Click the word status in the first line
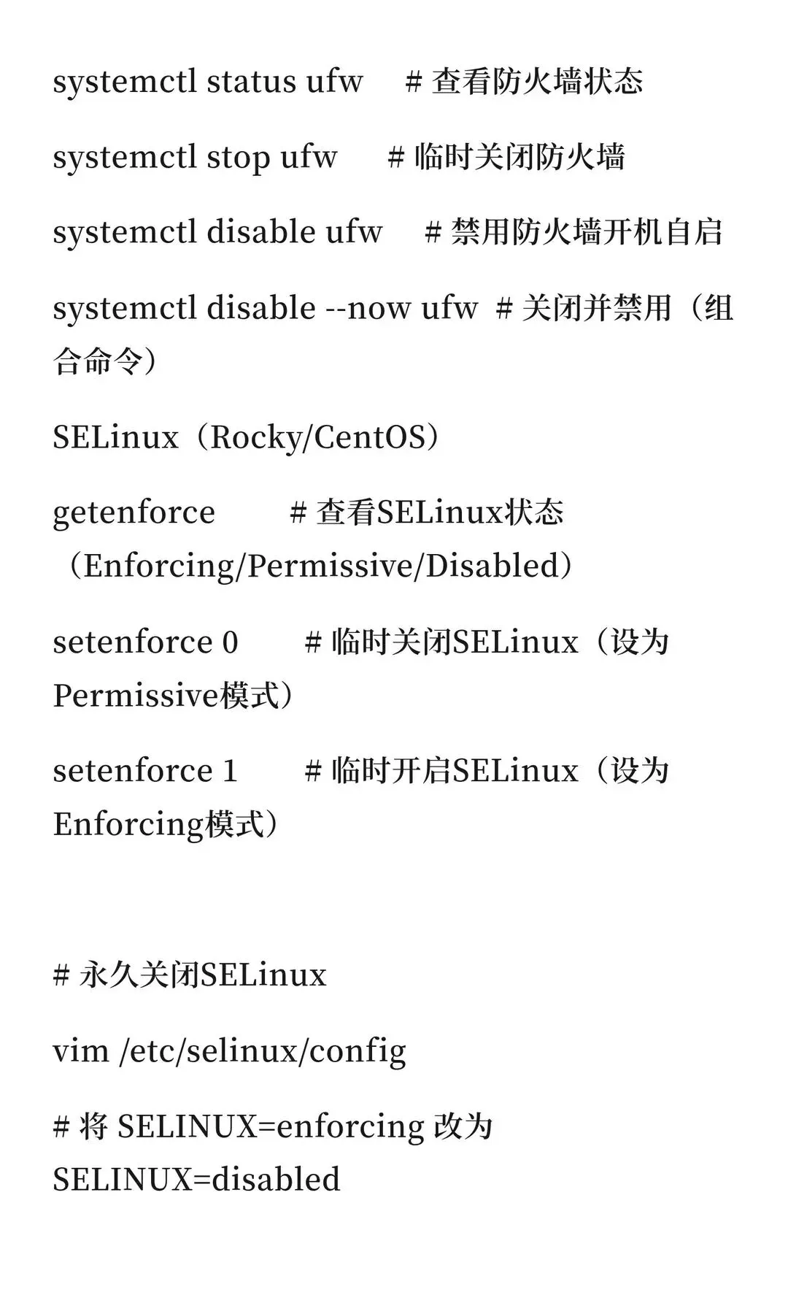click(x=251, y=81)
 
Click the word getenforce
click(x=134, y=512)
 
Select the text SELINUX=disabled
click(x=197, y=1180)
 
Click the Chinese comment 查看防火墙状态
click(x=537, y=81)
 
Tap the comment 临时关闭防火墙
click(x=519, y=157)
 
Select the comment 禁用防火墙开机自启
click(x=587, y=233)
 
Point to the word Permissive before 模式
click(x=136, y=696)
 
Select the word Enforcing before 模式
click(x=128, y=824)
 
